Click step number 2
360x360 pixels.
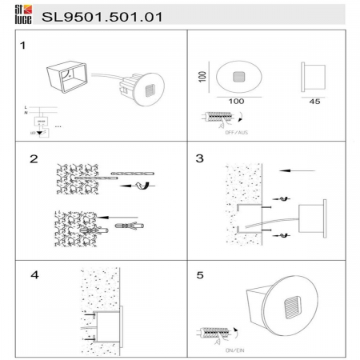point(34,159)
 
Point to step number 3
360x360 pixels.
point(199,159)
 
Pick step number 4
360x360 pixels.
point(34,276)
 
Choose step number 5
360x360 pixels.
point(199,276)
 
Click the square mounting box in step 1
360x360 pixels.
point(70,75)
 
